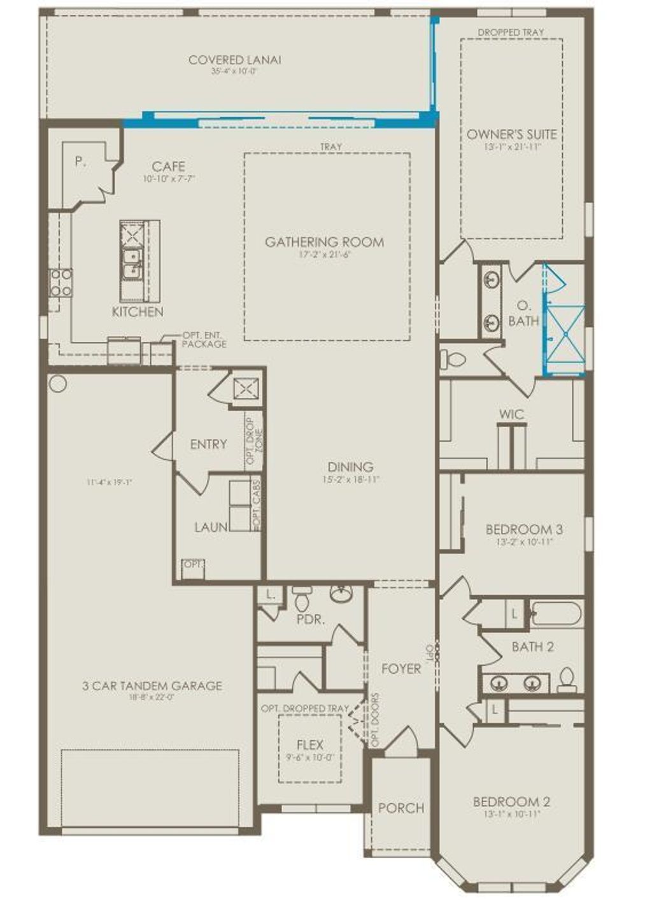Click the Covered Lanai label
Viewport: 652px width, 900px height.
tap(234, 60)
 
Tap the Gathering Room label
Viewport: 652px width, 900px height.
tap(324, 242)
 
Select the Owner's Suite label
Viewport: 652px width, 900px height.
tap(511, 134)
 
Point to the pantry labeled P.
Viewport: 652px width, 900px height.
tap(80, 162)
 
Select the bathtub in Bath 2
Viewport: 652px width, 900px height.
tap(556, 615)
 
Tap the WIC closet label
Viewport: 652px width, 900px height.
tap(511, 414)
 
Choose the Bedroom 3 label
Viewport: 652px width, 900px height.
tap(523, 530)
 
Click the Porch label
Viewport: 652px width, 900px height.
tap(400, 808)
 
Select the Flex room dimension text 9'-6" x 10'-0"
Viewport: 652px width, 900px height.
tap(309, 758)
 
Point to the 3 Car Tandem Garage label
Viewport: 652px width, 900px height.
tap(152, 686)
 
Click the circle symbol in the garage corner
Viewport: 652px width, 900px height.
tap(57, 383)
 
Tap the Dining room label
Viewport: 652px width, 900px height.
tap(350, 467)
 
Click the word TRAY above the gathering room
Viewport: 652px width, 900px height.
tap(330, 147)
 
